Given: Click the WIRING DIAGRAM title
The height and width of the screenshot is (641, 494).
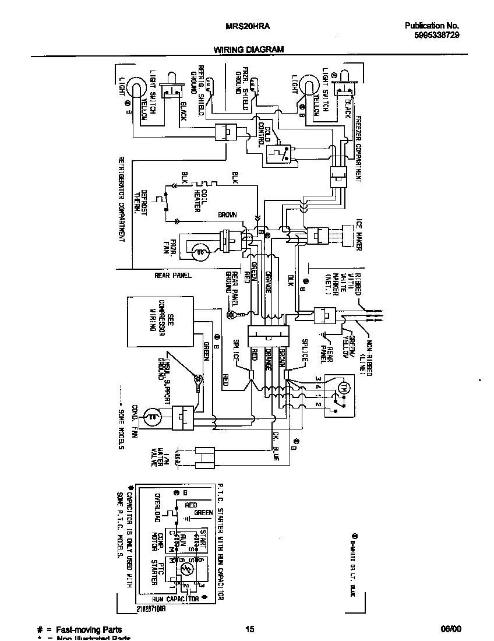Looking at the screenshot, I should pyautogui.click(x=248, y=50).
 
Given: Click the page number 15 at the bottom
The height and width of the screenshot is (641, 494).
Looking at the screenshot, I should pyautogui.click(x=249, y=629).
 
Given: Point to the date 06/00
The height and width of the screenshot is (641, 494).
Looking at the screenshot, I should pyautogui.click(x=451, y=629).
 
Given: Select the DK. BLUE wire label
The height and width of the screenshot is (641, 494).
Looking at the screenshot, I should pyautogui.click(x=275, y=449).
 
